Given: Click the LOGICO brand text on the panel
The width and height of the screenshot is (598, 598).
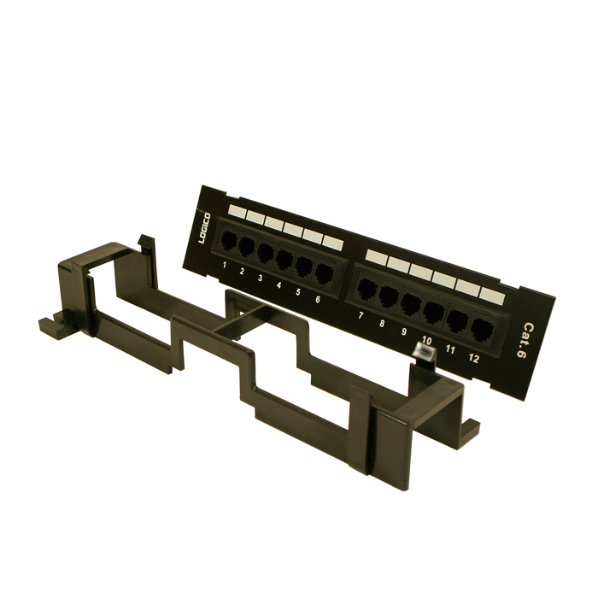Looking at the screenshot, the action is coord(204,228).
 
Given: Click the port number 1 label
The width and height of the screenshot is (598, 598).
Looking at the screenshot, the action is coord(225,265).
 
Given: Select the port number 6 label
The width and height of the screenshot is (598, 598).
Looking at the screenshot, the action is coord(318,299).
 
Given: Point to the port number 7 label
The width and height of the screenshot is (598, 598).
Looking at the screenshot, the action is coord(360,315).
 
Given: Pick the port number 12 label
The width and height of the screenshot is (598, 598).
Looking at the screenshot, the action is coord(473,358).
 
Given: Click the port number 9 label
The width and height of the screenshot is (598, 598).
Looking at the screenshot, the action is coord(404,331).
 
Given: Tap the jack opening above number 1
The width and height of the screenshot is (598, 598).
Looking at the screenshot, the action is coord(229,240).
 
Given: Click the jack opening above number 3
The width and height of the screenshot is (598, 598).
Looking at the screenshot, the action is coord(265,253).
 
